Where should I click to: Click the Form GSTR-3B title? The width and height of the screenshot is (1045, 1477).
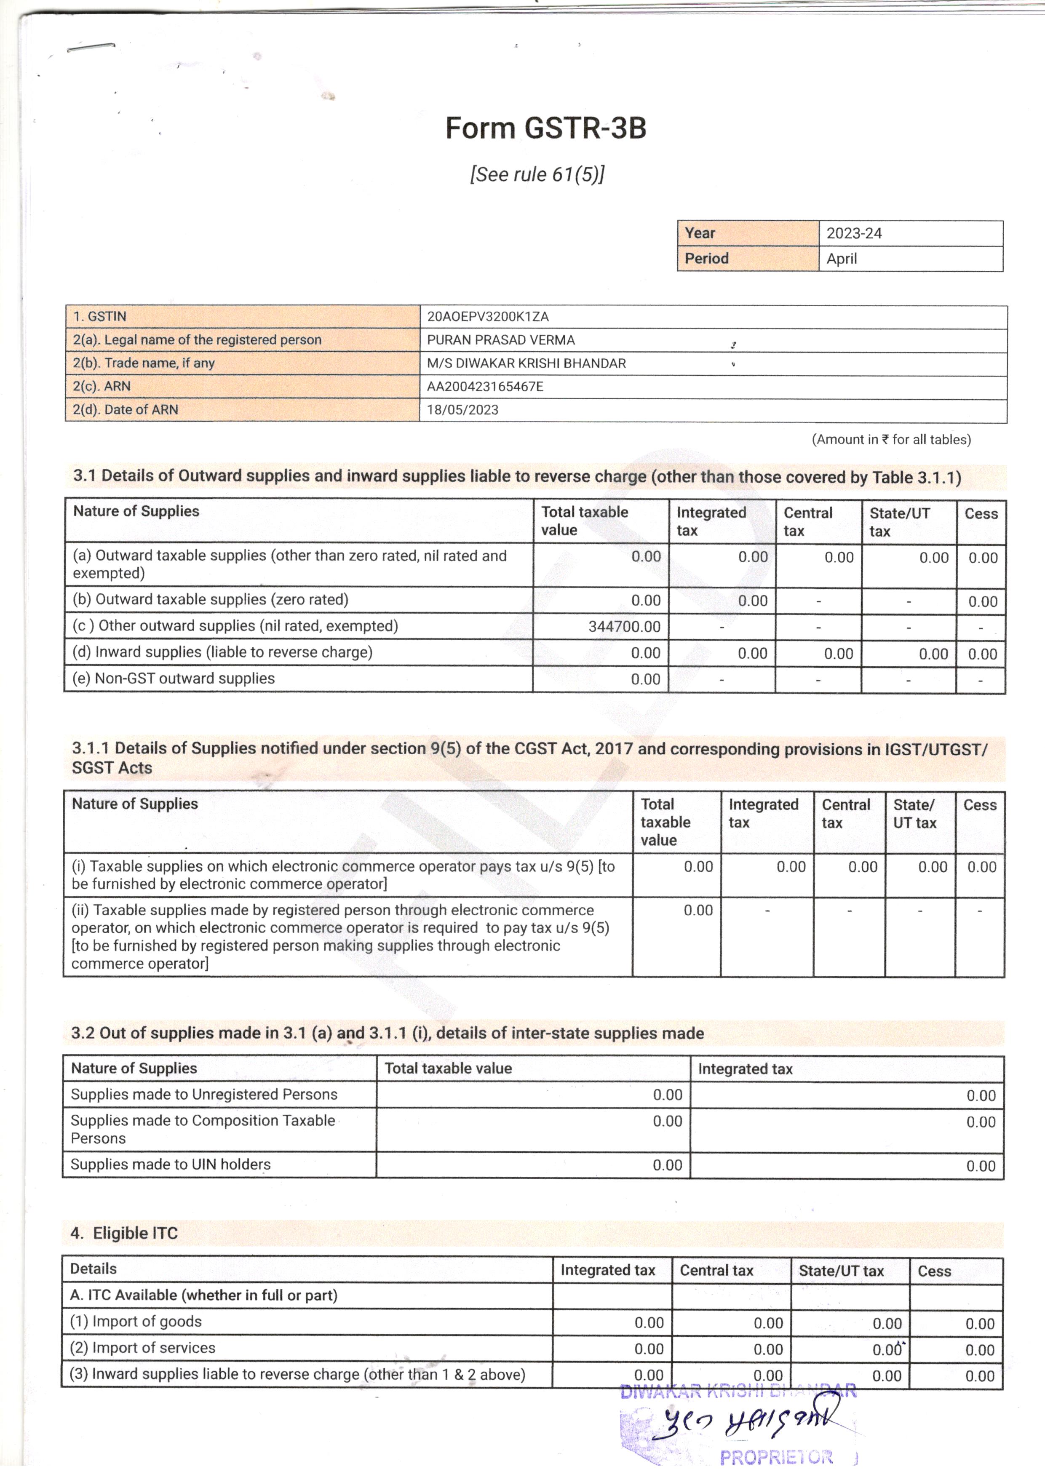[x=545, y=128]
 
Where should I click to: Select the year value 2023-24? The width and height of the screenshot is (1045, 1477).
[x=854, y=233]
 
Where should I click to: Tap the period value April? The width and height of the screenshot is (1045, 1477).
[x=842, y=259]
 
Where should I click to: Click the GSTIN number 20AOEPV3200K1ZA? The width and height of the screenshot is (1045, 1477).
[x=488, y=317]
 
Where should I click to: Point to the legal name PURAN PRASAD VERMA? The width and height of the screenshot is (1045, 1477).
[x=501, y=339]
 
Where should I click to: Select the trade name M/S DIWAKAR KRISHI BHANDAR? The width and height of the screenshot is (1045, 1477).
[x=526, y=363]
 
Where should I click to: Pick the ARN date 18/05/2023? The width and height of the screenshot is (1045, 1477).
[x=462, y=410]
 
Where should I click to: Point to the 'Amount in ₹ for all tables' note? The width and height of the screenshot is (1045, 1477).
[x=891, y=439]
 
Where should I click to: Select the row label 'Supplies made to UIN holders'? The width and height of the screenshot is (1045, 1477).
[x=171, y=1165]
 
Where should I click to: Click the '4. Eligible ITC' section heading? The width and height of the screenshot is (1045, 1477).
[x=124, y=1233]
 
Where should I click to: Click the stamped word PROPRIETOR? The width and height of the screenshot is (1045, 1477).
[x=776, y=1457]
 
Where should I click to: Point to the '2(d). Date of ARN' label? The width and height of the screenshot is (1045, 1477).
[x=126, y=410]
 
